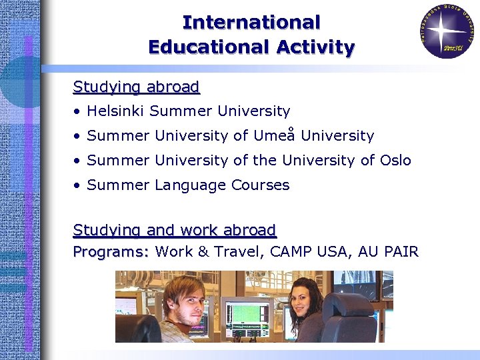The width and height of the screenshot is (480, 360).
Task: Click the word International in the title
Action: coord(251,22)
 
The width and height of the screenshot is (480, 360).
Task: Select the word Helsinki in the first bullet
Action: coord(116,111)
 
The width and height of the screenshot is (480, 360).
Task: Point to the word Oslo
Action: coord(395,161)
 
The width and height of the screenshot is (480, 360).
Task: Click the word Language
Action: coord(190,185)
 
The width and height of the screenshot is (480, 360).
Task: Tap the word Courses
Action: coord(261,185)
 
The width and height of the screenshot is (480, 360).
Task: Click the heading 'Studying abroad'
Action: coord(136,87)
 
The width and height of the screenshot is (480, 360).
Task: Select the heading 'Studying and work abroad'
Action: coord(174,230)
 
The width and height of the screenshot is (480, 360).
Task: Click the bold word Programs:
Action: coord(111,252)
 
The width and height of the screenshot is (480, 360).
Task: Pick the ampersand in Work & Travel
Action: coord(203,252)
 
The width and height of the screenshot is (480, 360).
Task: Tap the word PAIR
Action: coord(398,252)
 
